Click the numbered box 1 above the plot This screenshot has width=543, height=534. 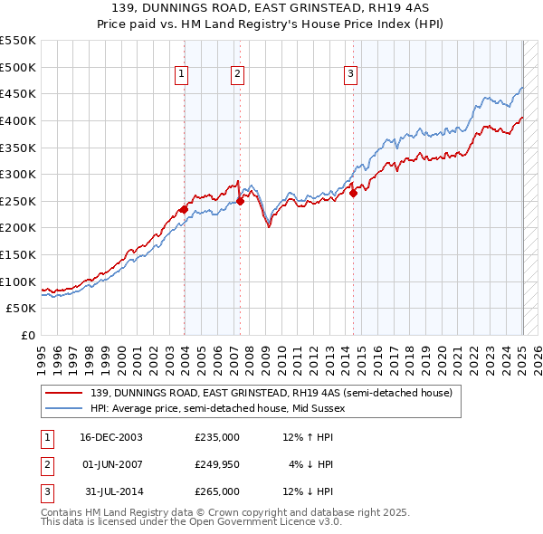(x=182, y=74)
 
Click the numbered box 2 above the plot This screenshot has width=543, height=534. (x=237, y=74)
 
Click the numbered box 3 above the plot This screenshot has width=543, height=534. (x=350, y=74)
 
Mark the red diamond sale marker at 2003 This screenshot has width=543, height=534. (x=185, y=209)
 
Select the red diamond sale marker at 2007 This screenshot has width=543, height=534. (x=241, y=201)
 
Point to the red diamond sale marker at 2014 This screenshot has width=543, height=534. (x=354, y=193)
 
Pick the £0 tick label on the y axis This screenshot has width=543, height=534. (x=27, y=335)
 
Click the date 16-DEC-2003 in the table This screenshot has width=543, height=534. (x=111, y=437)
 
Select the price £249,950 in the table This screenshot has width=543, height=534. (x=217, y=464)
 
